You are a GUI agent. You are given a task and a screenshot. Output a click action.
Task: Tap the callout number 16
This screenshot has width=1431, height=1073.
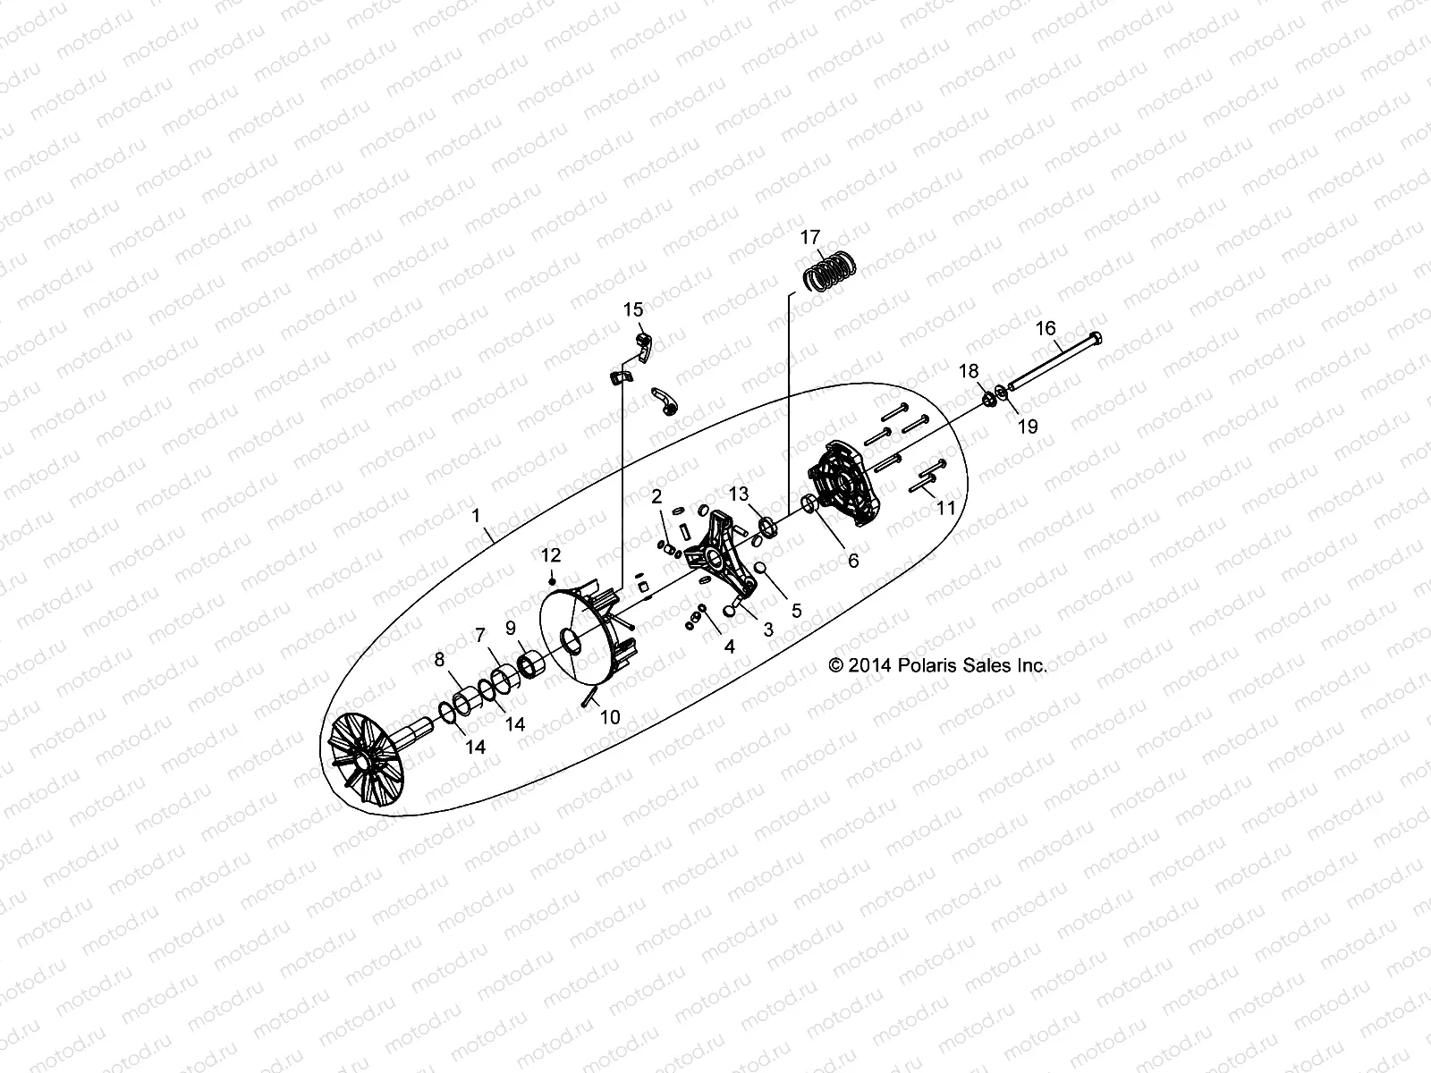(1046, 328)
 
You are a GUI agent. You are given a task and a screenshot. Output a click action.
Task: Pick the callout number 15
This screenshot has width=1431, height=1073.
(633, 310)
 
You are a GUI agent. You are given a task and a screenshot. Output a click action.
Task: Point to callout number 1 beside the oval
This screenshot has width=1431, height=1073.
(477, 516)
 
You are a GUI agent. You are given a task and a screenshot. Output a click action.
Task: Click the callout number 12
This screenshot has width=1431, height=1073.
(550, 555)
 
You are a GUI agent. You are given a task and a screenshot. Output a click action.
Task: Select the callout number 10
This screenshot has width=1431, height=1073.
(609, 716)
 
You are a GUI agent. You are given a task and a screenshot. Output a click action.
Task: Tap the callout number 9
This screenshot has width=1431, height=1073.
(511, 627)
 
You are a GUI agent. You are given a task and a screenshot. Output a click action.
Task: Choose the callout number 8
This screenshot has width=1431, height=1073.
(439, 660)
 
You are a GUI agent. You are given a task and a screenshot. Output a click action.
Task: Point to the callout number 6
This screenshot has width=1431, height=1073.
(852, 561)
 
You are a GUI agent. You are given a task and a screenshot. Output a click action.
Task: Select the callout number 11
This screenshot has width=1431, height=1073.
(945, 509)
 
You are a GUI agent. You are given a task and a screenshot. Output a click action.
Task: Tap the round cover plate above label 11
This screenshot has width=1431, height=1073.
(845, 483)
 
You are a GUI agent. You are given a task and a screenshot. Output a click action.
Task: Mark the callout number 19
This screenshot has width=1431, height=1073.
(1028, 427)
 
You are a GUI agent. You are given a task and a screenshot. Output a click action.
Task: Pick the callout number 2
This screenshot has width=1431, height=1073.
(656, 496)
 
